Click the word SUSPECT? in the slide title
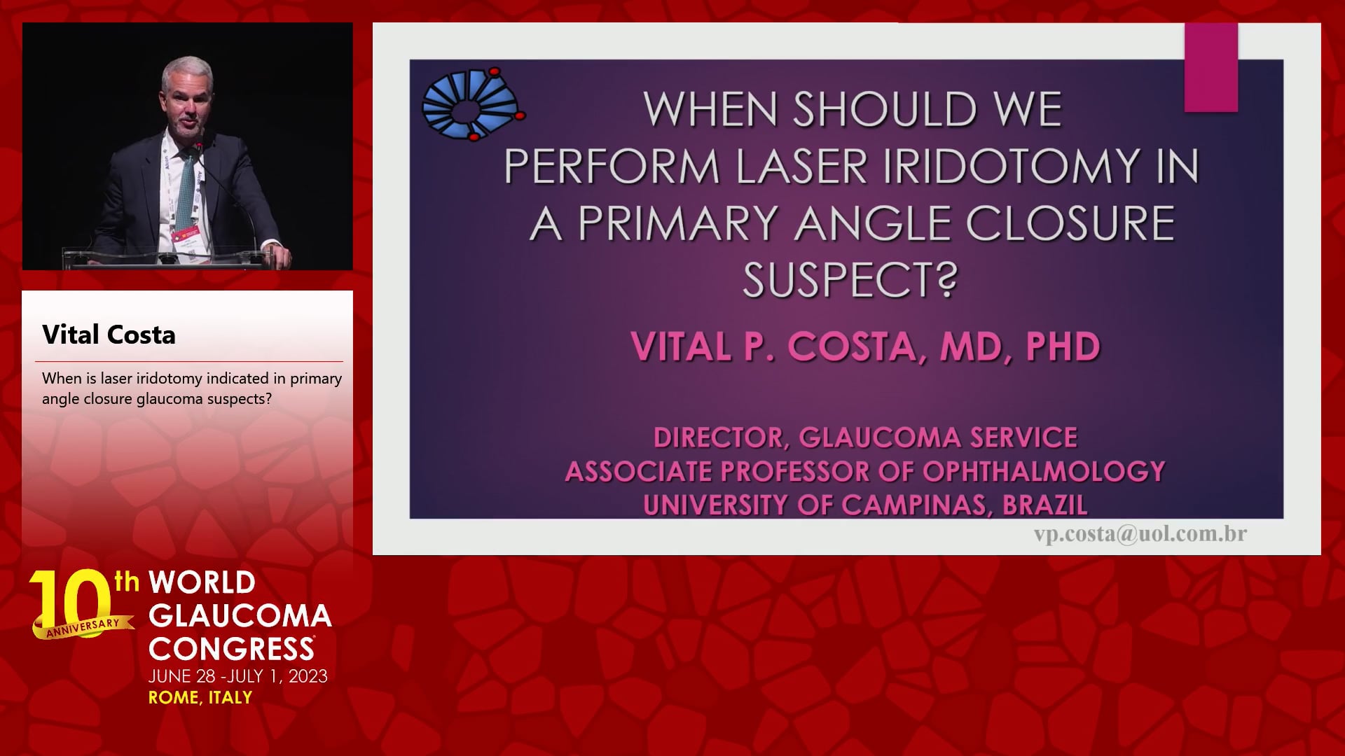pos(850,279)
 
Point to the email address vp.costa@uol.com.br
pos(1140,534)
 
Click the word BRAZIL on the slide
pos(1045,505)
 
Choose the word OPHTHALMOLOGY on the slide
pos(1044,471)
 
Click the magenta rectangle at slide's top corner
pos(1211,67)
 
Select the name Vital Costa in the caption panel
pos(109,335)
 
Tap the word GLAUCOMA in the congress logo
pos(240,616)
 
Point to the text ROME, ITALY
pos(200,697)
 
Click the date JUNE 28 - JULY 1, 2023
pos(238,676)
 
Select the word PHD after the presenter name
pos(1063,346)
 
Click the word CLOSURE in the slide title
pos(1070,224)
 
